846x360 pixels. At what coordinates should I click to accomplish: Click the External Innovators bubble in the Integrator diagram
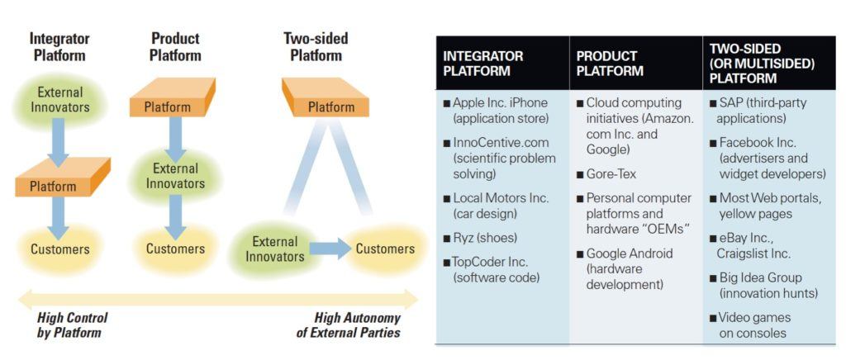point(59,99)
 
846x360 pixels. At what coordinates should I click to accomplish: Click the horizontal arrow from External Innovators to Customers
point(331,249)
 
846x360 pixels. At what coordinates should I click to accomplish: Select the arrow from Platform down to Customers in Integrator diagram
point(59,218)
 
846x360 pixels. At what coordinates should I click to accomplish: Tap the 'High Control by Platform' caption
point(73,325)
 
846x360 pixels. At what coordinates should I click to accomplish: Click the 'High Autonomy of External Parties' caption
point(349,325)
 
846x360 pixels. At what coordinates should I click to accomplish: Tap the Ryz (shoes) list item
point(482,238)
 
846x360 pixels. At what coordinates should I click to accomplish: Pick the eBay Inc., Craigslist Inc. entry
point(754,245)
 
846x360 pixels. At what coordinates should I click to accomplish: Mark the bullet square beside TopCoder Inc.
point(446,263)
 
